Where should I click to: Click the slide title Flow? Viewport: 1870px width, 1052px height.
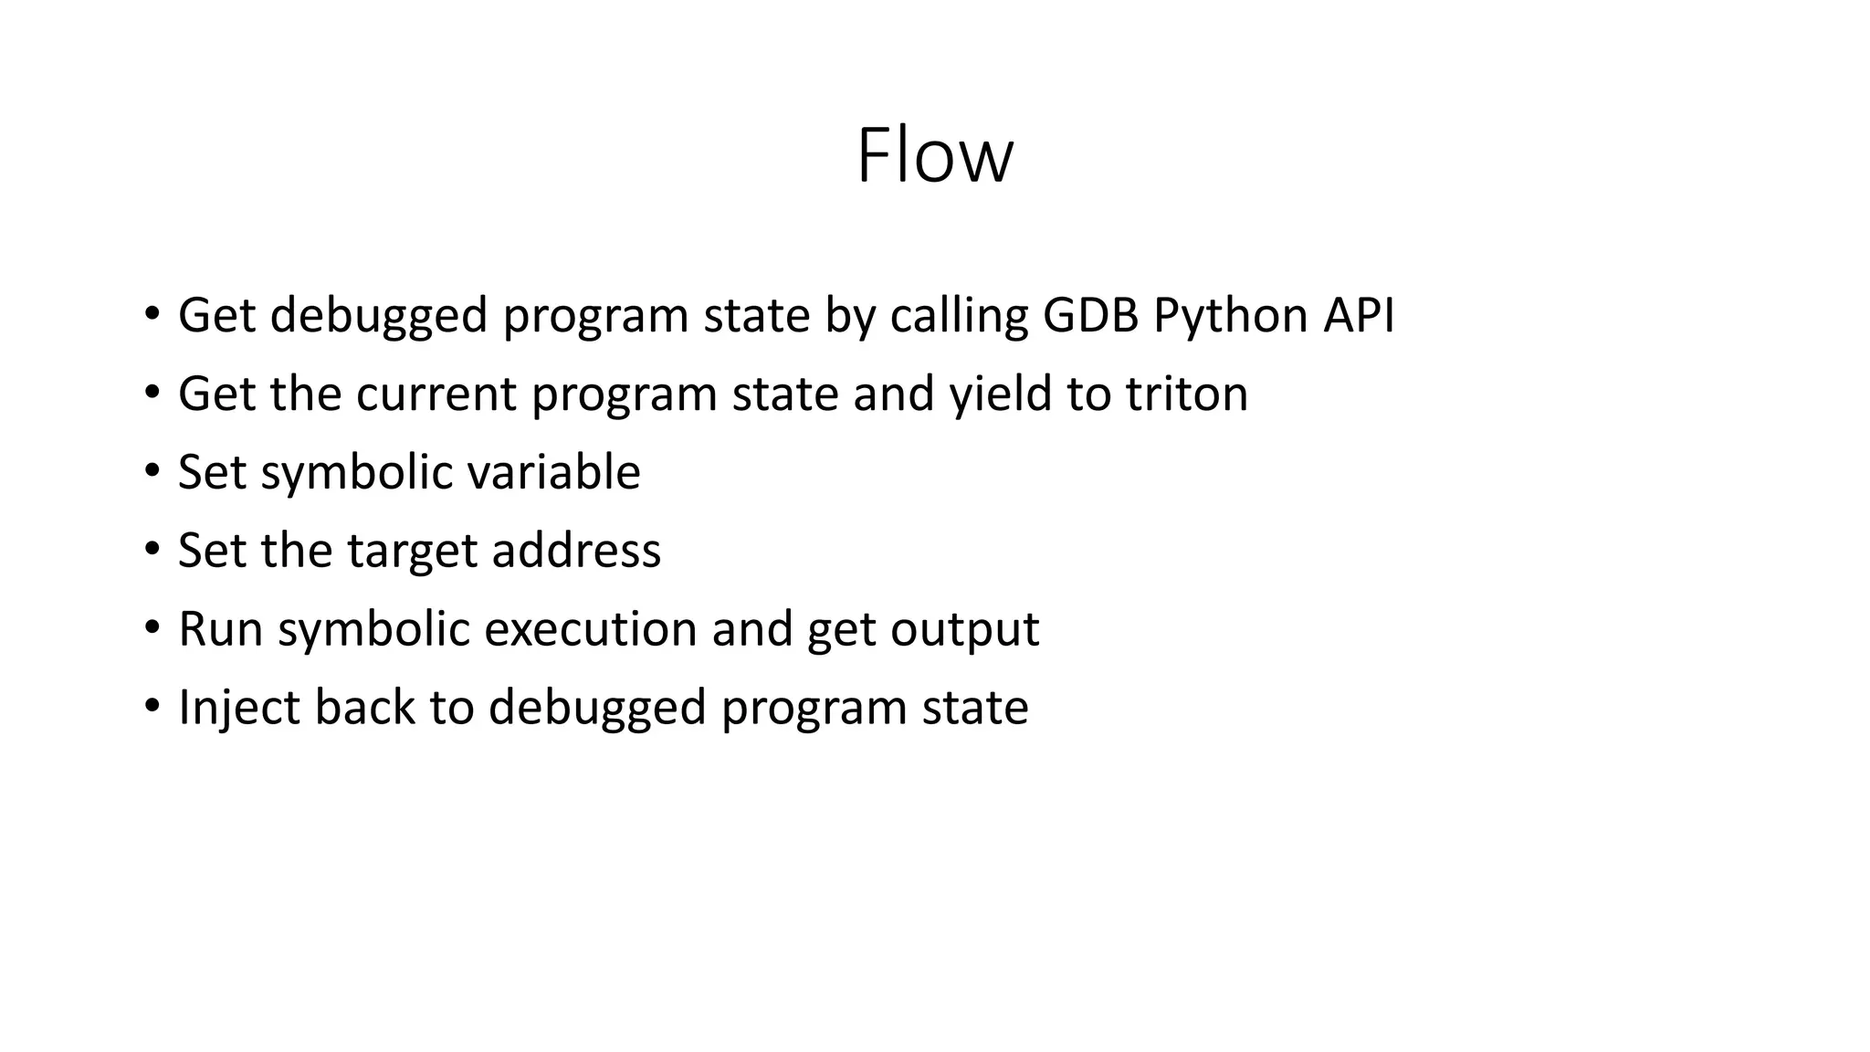pos(934,156)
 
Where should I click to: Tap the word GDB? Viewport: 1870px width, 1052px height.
pos(1090,315)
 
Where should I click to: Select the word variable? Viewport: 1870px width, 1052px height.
pos(553,472)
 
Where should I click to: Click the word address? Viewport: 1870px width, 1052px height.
pos(576,551)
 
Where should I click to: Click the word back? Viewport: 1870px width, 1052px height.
pos(364,708)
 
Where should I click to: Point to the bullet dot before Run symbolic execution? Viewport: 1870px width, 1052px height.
pos(152,628)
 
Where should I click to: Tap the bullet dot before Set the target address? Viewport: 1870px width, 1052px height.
pos(152,550)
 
